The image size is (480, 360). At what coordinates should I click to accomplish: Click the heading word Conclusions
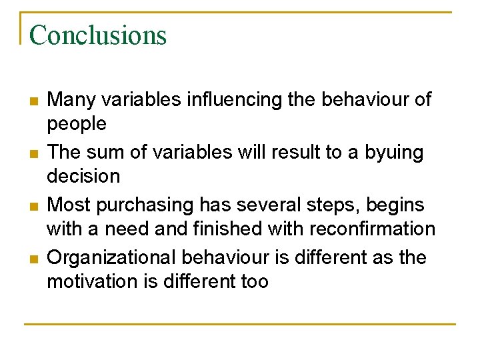click(97, 35)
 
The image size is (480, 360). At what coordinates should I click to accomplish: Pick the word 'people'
click(76, 124)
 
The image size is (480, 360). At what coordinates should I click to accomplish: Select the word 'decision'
click(83, 177)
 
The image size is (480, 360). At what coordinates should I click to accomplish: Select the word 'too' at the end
click(254, 281)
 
